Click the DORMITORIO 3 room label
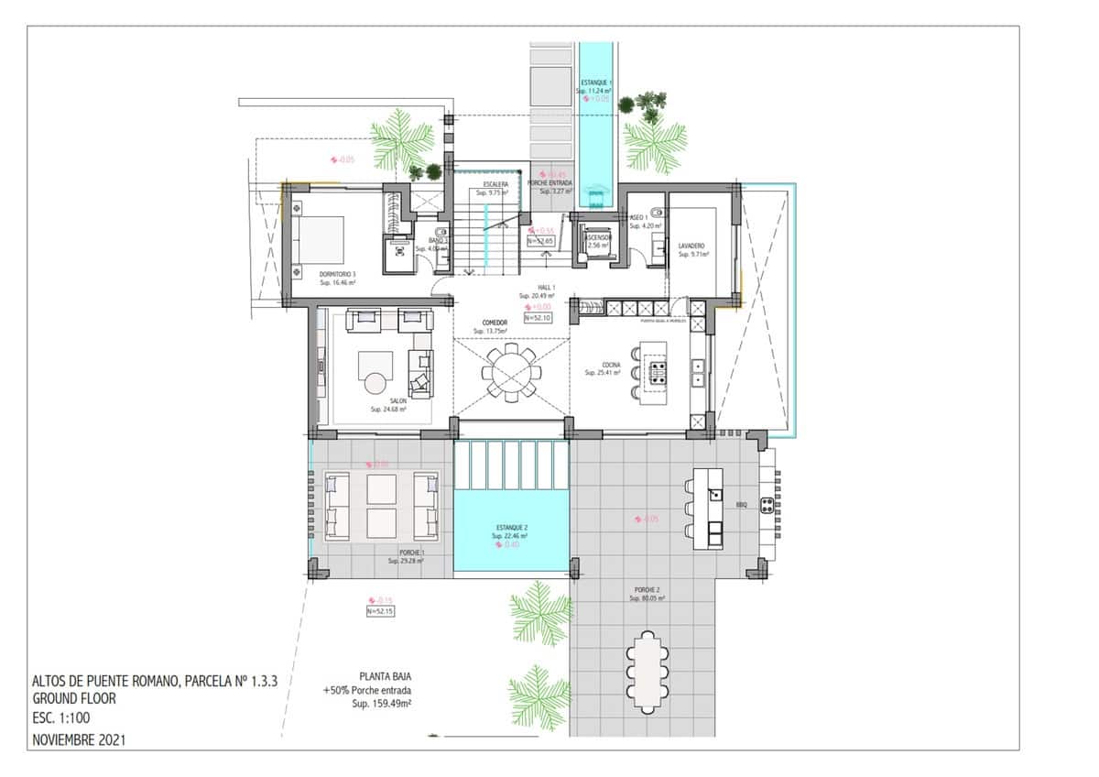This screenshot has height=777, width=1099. [x=338, y=274]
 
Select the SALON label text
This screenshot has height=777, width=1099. [x=397, y=400]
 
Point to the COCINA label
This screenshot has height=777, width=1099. [x=610, y=365]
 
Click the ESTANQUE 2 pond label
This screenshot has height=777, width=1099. [x=511, y=528]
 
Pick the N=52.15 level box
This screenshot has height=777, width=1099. [x=380, y=610]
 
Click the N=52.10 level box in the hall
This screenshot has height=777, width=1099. [x=537, y=317]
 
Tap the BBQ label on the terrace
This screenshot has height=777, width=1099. [x=742, y=504]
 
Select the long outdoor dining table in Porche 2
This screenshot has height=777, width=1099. [x=647, y=672]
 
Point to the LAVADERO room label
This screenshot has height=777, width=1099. [x=691, y=246]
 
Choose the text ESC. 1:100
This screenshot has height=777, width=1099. [x=60, y=718]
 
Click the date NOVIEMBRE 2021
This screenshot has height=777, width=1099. [x=78, y=739]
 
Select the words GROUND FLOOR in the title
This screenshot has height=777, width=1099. [x=73, y=698]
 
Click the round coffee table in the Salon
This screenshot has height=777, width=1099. [x=376, y=384]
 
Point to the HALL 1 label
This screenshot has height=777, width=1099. [x=532, y=287]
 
